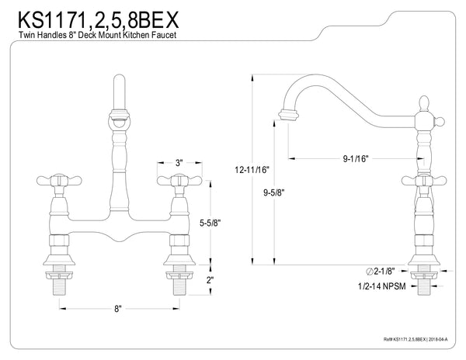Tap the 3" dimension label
pos(179,163)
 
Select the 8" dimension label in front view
pos(118,309)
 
